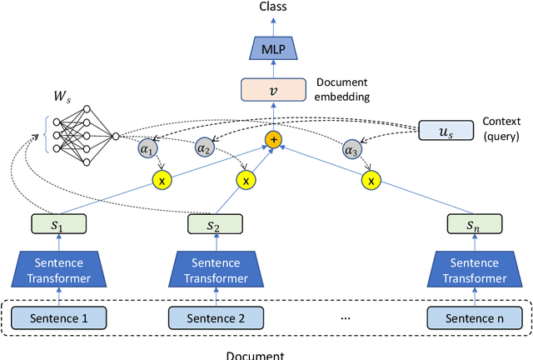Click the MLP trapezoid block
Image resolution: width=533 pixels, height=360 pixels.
273,49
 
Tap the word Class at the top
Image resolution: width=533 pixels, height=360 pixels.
273,7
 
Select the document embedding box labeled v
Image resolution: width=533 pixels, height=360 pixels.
273,90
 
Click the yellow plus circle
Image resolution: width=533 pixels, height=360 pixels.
273,140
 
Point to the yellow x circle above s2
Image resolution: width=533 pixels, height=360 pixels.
245,179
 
